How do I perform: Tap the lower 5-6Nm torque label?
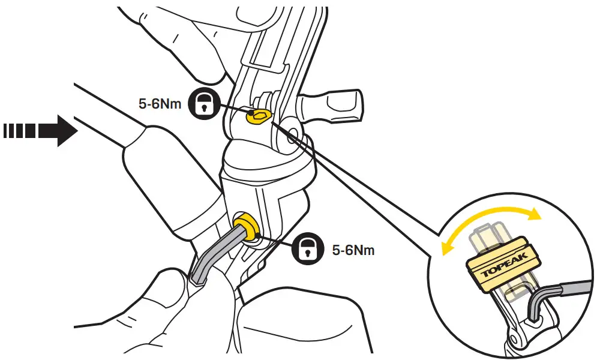pos(353,249)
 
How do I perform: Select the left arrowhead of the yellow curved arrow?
pos(446,248)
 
